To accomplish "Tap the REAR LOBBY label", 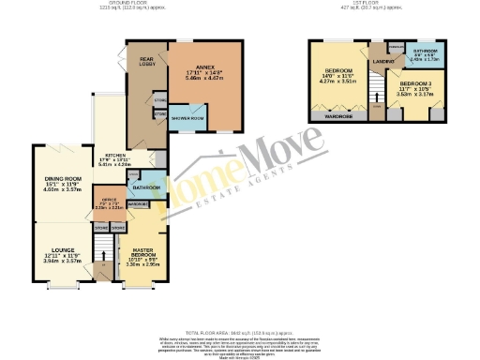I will click(146, 62).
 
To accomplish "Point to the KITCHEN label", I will click(115, 155).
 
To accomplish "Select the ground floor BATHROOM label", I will click(148, 187).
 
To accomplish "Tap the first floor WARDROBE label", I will click(338, 117).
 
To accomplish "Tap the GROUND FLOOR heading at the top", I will click(131, 3).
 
